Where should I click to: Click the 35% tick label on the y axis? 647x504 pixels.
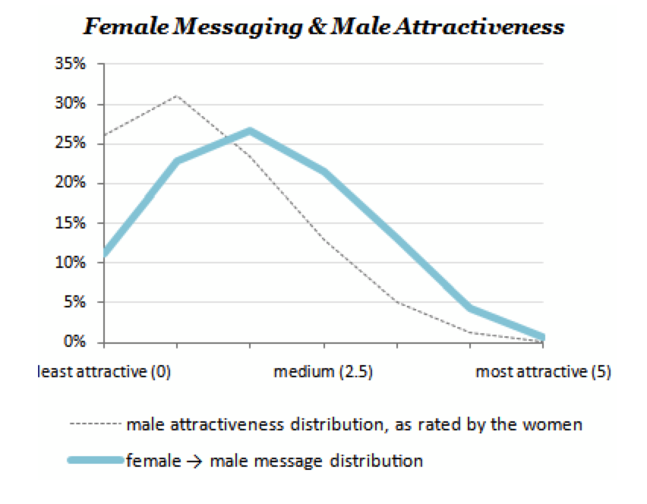click(70, 64)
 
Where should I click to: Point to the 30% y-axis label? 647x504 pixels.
click(70, 103)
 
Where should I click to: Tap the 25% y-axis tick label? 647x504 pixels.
click(70, 143)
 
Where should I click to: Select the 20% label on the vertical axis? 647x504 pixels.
click(70, 182)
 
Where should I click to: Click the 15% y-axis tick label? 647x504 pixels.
click(70, 222)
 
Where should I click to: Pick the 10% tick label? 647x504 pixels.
click(70, 263)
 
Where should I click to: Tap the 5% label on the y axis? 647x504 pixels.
click(74, 302)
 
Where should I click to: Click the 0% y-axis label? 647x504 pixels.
click(74, 342)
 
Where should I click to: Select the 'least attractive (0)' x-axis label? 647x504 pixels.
click(104, 372)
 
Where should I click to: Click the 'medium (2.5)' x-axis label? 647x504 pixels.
click(323, 372)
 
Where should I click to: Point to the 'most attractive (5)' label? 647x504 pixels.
click(543, 372)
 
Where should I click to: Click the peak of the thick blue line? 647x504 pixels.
click(250, 131)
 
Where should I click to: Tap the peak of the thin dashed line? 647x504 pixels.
click(177, 96)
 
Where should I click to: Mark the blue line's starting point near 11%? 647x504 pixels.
click(104, 254)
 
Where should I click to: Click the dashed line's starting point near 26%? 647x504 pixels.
click(104, 135)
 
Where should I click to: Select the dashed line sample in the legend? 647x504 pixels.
click(96, 424)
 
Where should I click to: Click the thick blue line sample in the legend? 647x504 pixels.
click(96, 460)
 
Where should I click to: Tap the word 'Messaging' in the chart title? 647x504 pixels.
click(238, 27)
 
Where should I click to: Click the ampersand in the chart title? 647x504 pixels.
click(317, 27)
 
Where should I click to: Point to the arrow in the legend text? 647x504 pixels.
click(194, 461)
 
